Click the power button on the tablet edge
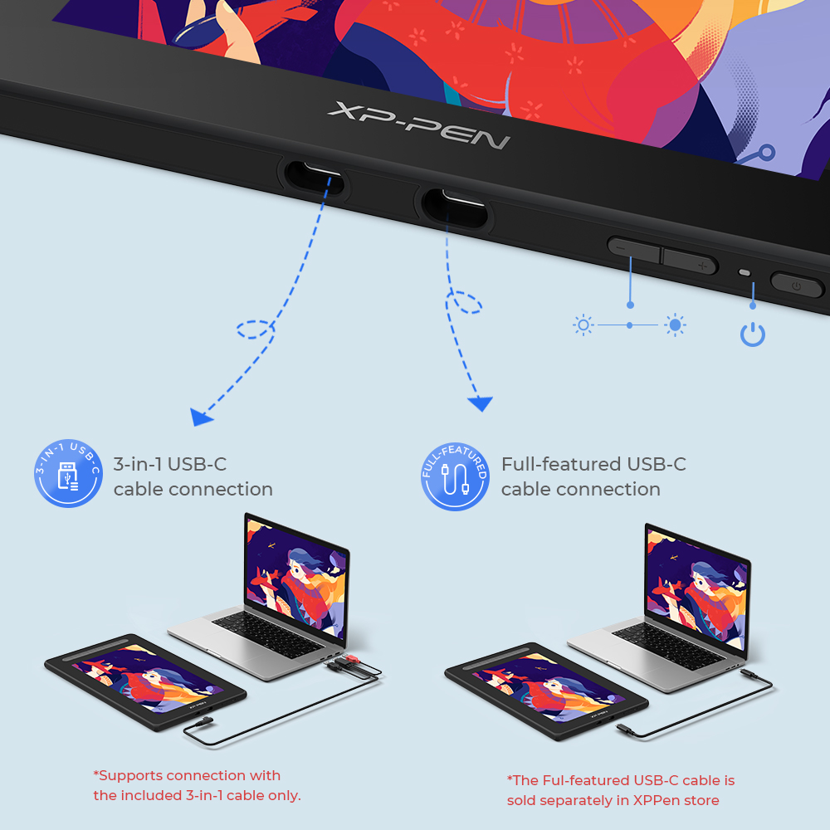point(796,286)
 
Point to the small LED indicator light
point(745,273)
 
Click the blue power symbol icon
point(753,334)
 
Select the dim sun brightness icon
point(583,325)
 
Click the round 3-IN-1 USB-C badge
point(68,476)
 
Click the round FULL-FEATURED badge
point(455,476)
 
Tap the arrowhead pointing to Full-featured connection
point(480,404)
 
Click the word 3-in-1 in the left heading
point(138,464)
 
